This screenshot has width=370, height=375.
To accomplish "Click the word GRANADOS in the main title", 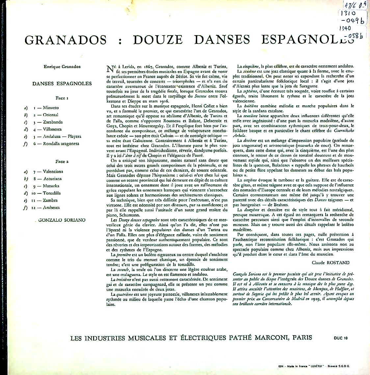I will point(66,40).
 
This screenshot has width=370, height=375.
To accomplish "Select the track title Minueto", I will point(51,108).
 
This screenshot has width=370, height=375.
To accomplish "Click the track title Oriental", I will point(50,115).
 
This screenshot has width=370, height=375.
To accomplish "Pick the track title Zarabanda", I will point(53,122).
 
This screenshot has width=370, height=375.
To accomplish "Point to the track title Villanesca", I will point(52,129).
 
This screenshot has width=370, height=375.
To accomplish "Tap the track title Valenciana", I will point(53,171).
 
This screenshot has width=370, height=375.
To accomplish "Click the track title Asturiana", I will point(52,179).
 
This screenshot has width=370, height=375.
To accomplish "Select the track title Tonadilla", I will point(52,193).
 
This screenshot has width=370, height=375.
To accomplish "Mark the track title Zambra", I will point(50,200).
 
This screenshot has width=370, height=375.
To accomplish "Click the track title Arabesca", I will point(51,208).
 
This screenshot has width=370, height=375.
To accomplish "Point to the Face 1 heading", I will point(62,98).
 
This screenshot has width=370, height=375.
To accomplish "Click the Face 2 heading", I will point(62,162).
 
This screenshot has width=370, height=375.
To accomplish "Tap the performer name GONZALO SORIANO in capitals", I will point(62,220).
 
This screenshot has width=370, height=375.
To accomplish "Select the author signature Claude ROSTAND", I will point(330,262).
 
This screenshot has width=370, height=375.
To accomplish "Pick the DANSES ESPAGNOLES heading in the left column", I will point(62,84).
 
